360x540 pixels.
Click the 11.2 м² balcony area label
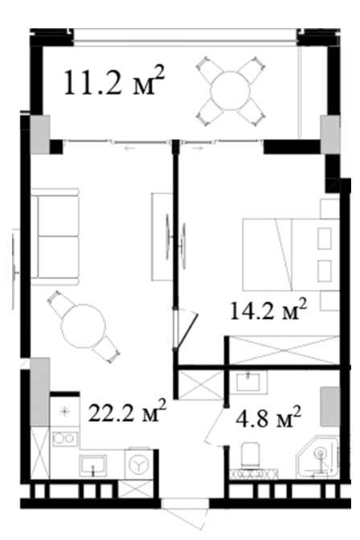point(114,82)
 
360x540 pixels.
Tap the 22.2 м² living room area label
point(127,411)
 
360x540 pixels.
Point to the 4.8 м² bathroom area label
point(268,416)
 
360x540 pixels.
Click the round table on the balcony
point(230,91)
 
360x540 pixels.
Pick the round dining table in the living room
point(83,325)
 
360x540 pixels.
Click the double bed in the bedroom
point(291,254)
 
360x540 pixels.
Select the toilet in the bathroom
point(251,456)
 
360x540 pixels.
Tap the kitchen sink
point(92,465)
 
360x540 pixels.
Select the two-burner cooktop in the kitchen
point(65,437)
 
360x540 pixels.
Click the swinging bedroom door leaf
point(186,331)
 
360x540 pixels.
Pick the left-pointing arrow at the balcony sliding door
point(129,149)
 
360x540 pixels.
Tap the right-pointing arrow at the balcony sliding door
point(198,149)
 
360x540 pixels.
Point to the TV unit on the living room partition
point(162,236)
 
